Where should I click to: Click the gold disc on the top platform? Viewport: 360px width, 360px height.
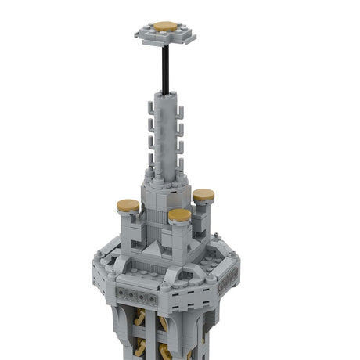click(165, 27)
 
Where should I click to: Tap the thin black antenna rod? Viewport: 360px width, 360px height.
click(165, 67)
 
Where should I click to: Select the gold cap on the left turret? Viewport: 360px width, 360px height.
click(128, 207)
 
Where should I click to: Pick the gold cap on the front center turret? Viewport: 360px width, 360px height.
click(179, 214)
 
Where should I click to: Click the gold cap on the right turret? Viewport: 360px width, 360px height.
click(203, 195)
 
